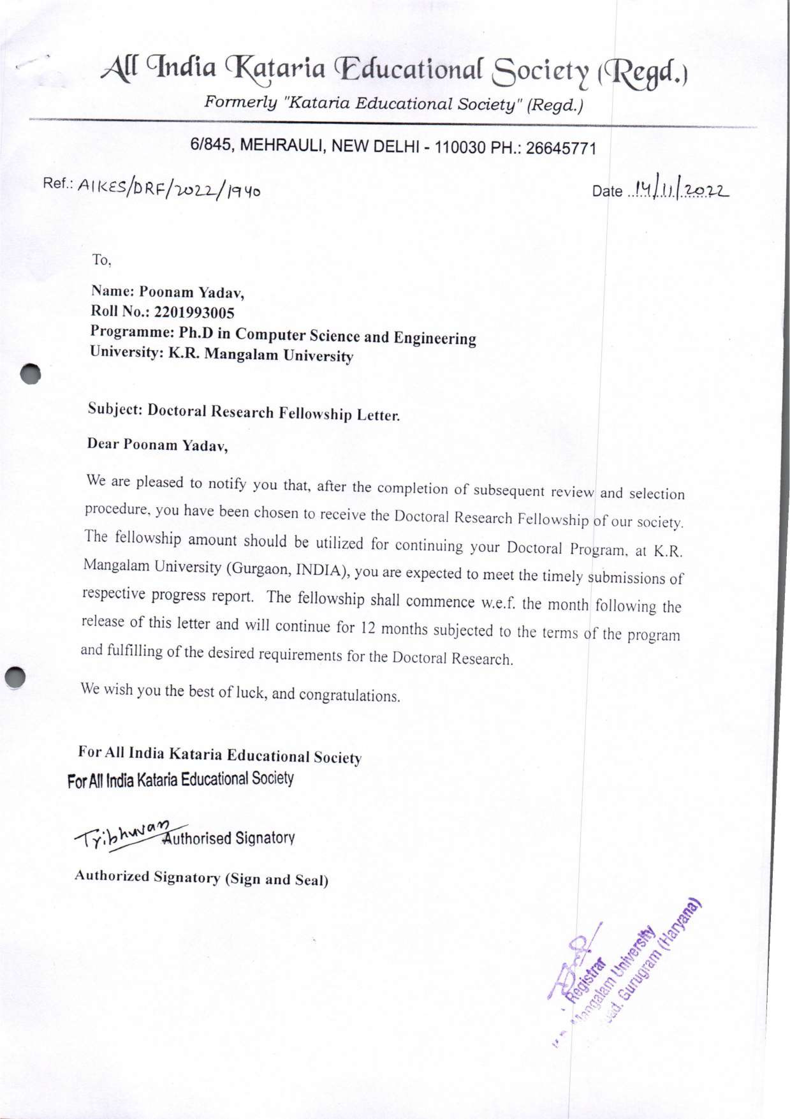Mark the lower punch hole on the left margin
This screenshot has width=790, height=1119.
click(16, 677)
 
